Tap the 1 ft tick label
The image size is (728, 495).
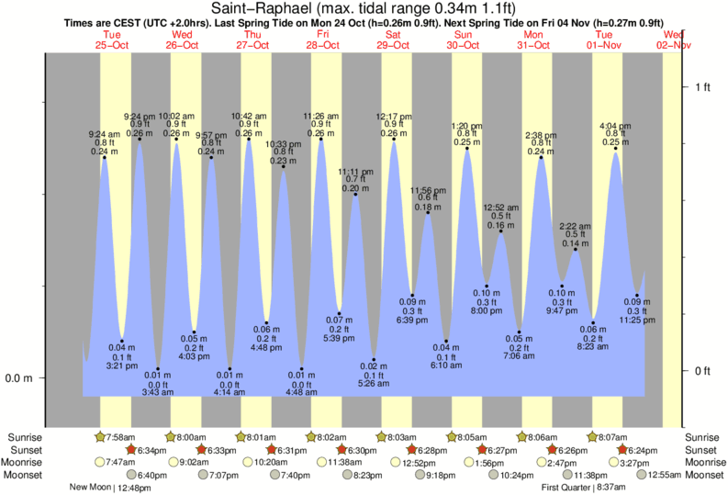pos(701,87)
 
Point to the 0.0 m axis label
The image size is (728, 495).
pos(20,378)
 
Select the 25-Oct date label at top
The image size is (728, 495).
pos(112,44)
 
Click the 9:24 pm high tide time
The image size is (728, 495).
pos(140,116)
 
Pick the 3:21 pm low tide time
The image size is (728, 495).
pos(122,365)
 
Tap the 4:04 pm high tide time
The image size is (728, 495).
pos(615,125)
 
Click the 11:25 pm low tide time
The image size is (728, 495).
pos(633,321)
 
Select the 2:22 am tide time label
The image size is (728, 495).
pos(576,225)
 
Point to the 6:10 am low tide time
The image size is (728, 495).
pos(447,366)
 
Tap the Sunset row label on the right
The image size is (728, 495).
pos(704,450)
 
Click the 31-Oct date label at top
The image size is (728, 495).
pos(533,44)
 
